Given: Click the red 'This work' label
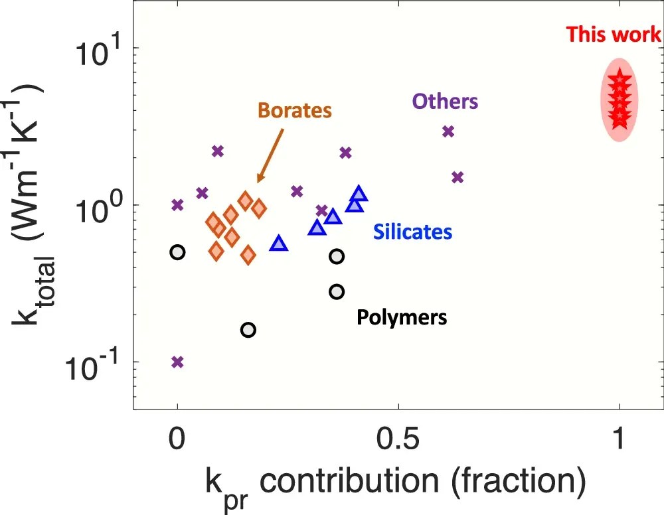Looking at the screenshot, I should (x=614, y=35).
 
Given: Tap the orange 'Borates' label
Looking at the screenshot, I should (x=295, y=110).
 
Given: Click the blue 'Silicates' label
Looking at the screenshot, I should (x=412, y=232).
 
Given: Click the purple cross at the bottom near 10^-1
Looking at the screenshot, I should (x=177, y=362).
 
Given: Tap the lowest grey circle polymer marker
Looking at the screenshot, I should (x=248, y=330).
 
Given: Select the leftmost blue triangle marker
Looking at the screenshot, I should (x=279, y=244).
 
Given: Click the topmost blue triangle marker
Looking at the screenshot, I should (x=359, y=194).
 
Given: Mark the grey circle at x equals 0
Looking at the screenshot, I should (x=177, y=252).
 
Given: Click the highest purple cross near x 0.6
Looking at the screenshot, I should (x=448, y=131).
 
